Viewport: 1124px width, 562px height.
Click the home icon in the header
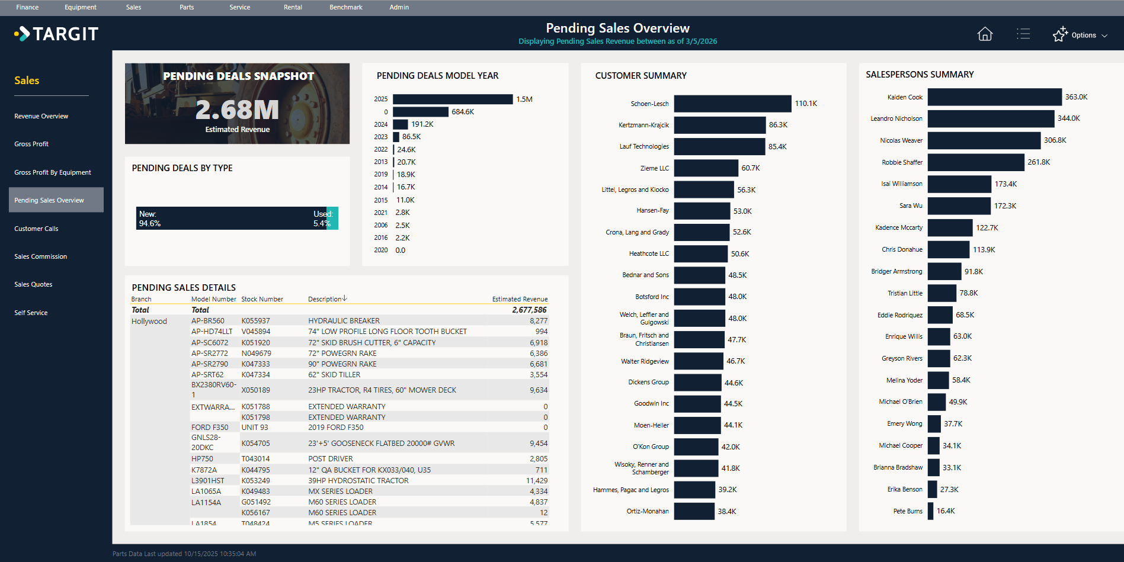984,34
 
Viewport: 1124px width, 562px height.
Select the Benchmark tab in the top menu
345,7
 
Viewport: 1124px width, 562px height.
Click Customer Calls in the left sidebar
36,229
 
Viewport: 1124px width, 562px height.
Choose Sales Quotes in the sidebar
33,284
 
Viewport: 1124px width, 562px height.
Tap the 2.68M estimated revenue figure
237,110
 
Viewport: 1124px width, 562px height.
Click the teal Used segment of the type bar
332,219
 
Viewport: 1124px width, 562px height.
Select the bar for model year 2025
452,99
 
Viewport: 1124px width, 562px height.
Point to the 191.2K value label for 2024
422,124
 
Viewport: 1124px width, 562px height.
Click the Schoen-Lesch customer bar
732,104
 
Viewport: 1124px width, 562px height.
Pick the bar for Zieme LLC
706,168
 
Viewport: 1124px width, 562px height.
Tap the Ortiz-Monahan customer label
647,511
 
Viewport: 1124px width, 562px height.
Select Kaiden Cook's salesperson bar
994,97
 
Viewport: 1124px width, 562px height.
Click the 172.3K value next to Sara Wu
1005,206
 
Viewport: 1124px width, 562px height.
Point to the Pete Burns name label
907,511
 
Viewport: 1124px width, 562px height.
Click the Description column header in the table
325,299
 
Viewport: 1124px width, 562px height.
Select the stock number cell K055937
255,321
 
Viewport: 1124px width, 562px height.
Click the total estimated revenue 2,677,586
529,310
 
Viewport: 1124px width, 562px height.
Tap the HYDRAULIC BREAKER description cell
344,321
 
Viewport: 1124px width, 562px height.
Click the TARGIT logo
57,34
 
